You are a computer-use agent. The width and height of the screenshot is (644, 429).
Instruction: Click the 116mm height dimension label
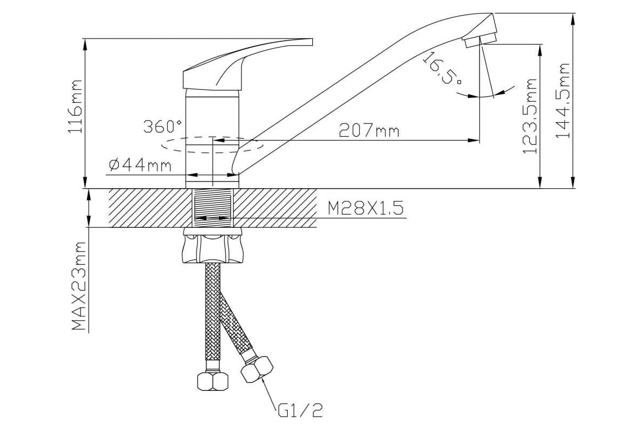pos(75,107)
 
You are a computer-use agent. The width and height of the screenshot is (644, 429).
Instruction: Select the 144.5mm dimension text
pos(562,101)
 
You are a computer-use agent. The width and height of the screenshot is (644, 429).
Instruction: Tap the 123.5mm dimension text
pos(530,116)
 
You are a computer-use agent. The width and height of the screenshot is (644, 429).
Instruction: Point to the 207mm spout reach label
pos(369,130)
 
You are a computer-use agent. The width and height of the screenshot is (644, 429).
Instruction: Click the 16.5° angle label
pos(441,68)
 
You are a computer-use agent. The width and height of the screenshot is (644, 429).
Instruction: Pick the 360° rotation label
pos(163,126)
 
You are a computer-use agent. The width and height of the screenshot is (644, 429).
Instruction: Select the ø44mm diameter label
pos(140,165)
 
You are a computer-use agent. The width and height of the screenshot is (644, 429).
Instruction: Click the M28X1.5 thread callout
pos(365,208)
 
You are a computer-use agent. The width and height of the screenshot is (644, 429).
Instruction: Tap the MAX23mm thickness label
pos(79,286)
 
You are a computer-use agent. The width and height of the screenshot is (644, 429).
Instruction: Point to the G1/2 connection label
pos(301,410)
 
